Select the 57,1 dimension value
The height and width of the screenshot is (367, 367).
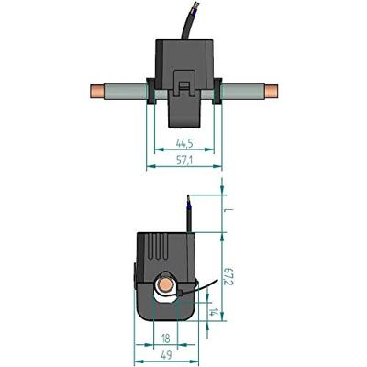click(181, 161)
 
